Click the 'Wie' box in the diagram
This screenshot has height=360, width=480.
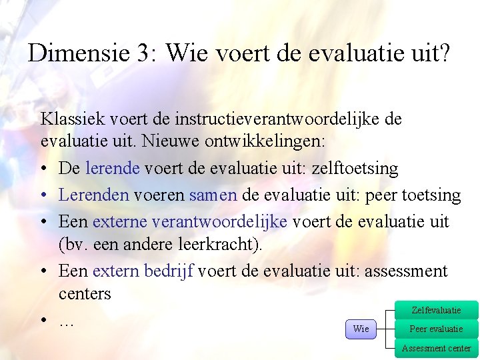click(x=361, y=329)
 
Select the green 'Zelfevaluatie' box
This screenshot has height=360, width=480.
click(x=436, y=310)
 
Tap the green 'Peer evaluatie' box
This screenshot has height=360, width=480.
click(x=436, y=329)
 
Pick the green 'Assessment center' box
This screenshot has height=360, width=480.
click(x=436, y=348)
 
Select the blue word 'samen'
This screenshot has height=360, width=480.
click(x=213, y=195)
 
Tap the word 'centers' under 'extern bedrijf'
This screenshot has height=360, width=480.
click(x=85, y=293)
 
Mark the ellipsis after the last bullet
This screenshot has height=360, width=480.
click(x=66, y=322)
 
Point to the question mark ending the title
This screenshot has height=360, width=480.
click(x=443, y=53)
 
